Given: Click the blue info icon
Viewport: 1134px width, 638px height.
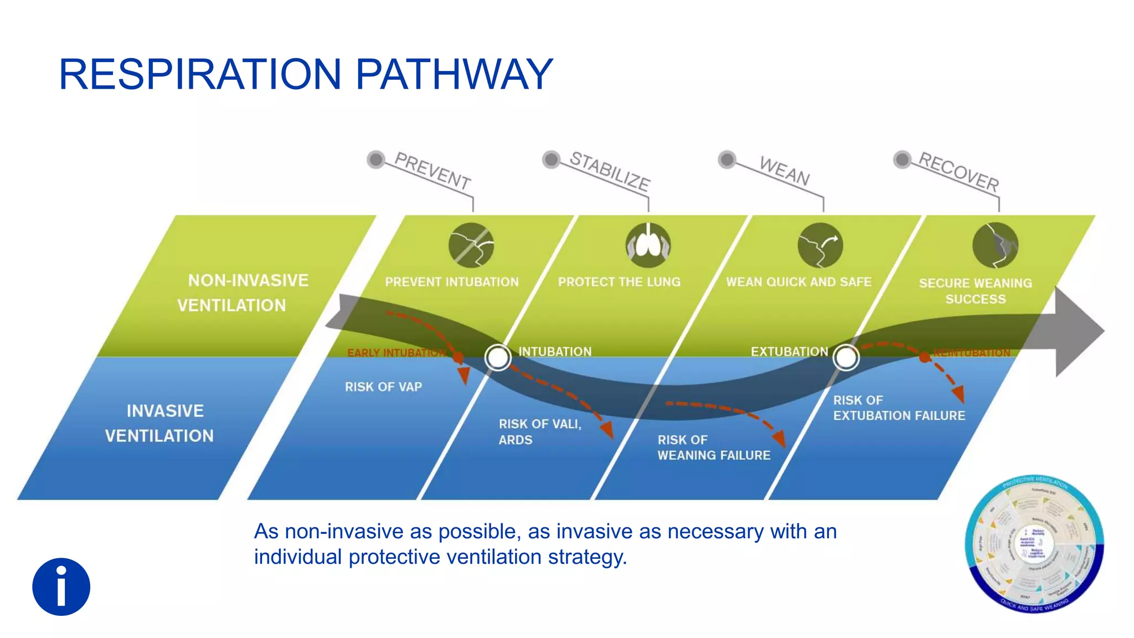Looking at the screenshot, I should pyautogui.click(x=61, y=586).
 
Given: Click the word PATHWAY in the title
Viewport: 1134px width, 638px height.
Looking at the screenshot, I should pyautogui.click(x=453, y=74).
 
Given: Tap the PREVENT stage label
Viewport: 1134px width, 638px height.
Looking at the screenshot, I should pyautogui.click(x=432, y=171).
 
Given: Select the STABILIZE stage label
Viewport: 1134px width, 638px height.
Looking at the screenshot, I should pyautogui.click(x=610, y=171).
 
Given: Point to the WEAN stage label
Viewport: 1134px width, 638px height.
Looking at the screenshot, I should pyautogui.click(x=785, y=171).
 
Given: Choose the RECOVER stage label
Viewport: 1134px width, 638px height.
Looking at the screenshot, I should pyautogui.click(x=959, y=171).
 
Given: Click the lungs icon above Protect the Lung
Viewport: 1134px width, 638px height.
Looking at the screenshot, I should pyautogui.click(x=648, y=245).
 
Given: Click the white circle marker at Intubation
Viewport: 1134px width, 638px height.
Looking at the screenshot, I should pyautogui.click(x=498, y=357).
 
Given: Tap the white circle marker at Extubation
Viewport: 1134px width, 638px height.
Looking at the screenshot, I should pyautogui.click(x=846, y=357).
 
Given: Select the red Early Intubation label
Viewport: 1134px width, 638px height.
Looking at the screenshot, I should pyautogui.click(x=396, y=353).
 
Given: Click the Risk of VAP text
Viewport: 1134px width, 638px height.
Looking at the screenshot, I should pyautogui.click(x=383, y=387).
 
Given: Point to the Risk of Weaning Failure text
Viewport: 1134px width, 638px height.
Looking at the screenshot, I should pyautogui.click(x=713, y=447).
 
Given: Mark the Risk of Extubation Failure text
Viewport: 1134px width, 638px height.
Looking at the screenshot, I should pyautogui.click(x=899, y=408).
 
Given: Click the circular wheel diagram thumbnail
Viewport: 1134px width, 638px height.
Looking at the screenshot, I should pyautogui.click(x=1034, y=544).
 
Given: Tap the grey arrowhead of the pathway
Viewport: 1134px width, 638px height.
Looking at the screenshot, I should pyautogui.click(x=1080, y=331).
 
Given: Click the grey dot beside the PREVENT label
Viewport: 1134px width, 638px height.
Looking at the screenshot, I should pyautogui.click(x=376, y=159).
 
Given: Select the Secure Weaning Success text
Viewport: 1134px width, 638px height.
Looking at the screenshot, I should pyautogui.click(x=975, y=291).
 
